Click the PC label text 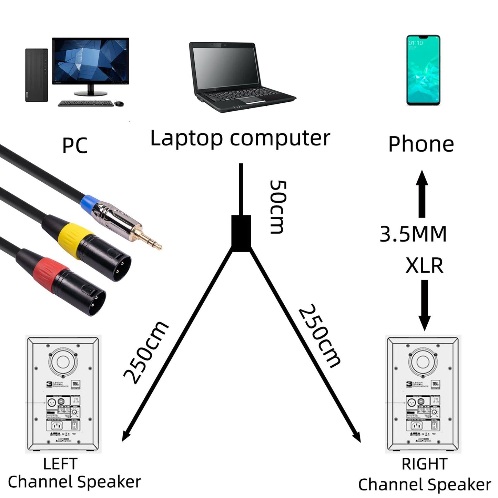(75, 145)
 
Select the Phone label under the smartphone (421, 144)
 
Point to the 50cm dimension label (277, 206)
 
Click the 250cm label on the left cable (146, 352)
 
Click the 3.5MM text (413, 234)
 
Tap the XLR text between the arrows (424, 265)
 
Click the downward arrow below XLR (425, 305)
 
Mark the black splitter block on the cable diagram (241, 233)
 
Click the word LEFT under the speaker (60, 464)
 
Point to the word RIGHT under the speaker (424, 464)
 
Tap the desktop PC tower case (37, 75)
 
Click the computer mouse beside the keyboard (119, 103)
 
